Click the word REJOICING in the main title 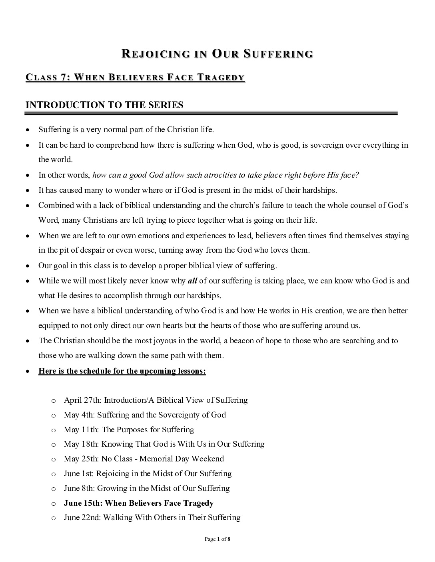click(x=156, y=54)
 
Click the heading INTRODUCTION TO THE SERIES click(x=104, y=105)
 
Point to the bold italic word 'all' click(x=192, y=281)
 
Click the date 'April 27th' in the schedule click(x=82, y=400)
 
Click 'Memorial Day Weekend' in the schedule click(x=182, y=459)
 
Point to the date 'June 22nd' click(x=82, y=518)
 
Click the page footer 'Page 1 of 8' click(x=217, y=539)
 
